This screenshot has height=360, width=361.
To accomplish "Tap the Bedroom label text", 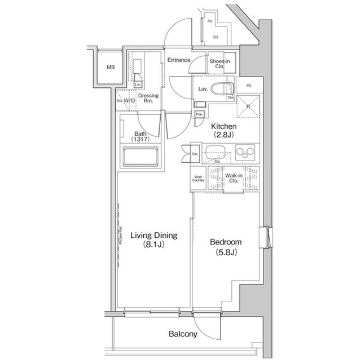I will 226,242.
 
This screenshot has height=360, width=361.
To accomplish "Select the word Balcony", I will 183,334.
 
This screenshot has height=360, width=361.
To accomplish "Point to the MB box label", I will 111,68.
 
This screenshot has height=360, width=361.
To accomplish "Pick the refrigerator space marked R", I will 247,106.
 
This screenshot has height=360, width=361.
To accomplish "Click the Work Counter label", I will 198,179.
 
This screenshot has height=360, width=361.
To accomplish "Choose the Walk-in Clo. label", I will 234,179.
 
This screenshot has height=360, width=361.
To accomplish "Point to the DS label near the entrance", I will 215,38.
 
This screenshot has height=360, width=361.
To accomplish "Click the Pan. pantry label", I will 199,114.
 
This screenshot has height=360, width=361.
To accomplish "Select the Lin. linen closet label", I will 138,85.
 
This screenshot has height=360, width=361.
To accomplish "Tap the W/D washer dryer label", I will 129,101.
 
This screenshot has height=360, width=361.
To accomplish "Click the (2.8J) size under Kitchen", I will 224,135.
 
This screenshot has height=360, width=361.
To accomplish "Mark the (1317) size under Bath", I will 140,139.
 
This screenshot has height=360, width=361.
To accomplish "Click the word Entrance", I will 179,60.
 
